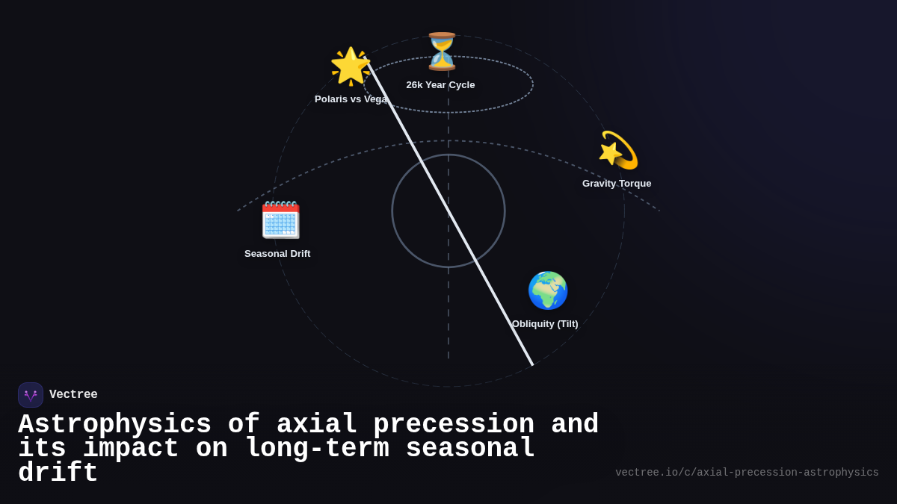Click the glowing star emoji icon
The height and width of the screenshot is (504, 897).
[351, 66]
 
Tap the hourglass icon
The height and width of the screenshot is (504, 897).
[441, 52]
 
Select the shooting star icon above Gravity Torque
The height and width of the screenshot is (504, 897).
[618, 150]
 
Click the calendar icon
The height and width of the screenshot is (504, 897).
[280, 220]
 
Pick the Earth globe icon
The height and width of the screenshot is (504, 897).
[547, 290]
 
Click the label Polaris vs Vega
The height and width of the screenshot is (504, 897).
[351, 99]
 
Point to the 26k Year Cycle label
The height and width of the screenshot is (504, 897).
[440, 85]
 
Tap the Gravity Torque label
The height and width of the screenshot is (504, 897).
[617, 184]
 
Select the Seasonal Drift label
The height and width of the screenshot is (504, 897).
[277, 254]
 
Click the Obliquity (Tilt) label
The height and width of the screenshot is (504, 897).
[545, 324]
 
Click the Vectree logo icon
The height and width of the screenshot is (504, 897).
[31, 395]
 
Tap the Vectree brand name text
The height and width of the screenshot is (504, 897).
[73, 395]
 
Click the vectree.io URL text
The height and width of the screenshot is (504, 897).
[747, 473]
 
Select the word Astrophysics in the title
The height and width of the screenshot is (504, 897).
[114, 424]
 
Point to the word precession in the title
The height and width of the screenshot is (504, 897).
[454, 424]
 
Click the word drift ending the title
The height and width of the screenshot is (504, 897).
[58, 473]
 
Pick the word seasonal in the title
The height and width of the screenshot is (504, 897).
[470, 449]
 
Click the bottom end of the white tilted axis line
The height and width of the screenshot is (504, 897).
[532, 364]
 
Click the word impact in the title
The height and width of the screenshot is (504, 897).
[131, 449]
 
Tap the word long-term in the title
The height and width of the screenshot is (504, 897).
[317, 449]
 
